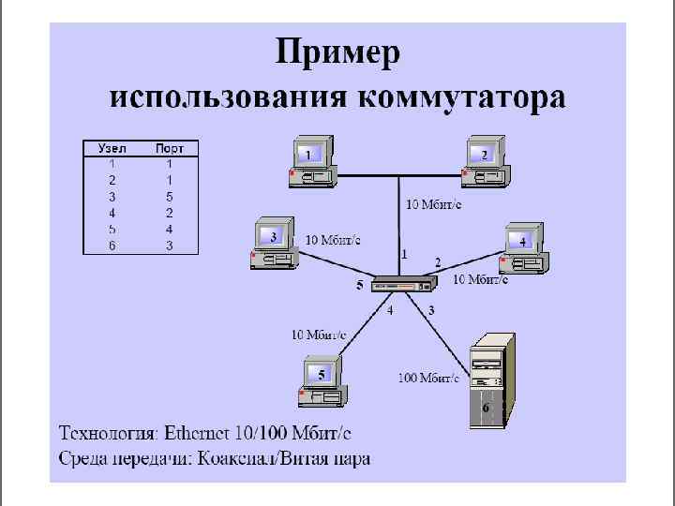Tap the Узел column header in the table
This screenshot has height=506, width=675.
[x=112, y=148]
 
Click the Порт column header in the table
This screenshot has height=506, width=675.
[x=170, y=148]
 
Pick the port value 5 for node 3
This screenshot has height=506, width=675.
[x=170, y=197]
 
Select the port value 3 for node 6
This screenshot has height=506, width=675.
[x=170, y=246]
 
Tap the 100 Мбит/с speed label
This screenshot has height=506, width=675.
[x=428, y=378]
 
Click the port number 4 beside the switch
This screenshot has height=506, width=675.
[x=391, y=311]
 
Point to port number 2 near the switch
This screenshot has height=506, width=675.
[x=437, y=261]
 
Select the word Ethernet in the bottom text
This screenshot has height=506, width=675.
[x=212, y=433]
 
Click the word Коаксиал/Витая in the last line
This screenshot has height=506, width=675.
[x=259, y=458]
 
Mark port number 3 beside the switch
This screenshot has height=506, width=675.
[x=431, y=310]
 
